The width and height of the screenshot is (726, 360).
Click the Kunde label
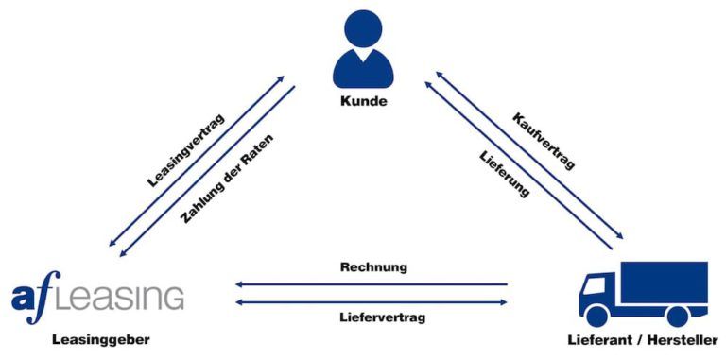(x=362, y=101)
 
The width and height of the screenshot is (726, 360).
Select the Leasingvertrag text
(x=185, y=150)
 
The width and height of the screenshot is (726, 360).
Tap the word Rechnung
(x=373, y=266)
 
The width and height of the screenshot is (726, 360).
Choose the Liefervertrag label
(x=373, y=317)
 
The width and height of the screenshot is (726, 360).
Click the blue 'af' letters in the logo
(x=36, y=293)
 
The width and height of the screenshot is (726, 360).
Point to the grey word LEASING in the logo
(x=124, y=296)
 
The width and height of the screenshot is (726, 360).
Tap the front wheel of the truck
(x=597, y=316)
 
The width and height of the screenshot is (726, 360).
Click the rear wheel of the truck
(x=678, y=316)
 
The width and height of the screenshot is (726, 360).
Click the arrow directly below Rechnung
(x=372, y=283)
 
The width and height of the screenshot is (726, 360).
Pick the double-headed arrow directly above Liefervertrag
(x=372, y=302)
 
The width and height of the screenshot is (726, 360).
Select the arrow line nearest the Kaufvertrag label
(x=529, y=155)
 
